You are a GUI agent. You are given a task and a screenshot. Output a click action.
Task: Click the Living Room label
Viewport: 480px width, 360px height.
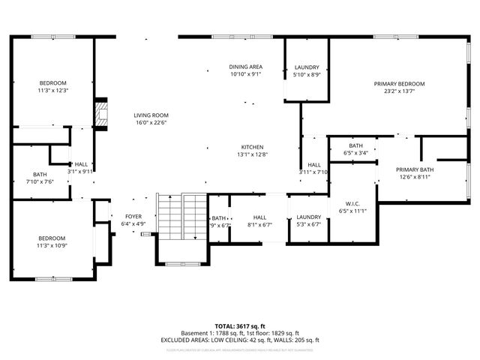pos(150,115)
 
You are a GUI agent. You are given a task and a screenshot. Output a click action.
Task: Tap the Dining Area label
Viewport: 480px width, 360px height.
pos(245,67)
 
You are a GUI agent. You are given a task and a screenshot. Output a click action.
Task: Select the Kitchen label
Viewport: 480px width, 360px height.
pos(251,147)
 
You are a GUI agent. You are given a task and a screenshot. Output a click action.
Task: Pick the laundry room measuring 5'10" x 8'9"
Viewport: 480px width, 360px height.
pos(306,67)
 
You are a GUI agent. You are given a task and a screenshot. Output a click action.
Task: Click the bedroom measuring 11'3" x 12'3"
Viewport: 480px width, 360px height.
pos(53,82)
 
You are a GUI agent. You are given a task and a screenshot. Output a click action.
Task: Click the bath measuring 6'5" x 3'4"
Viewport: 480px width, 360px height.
pos(355,145)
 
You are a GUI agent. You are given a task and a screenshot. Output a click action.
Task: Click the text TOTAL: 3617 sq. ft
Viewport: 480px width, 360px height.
pos(239,326)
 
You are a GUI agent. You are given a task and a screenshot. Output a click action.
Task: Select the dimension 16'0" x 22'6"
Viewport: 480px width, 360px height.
pos(150,122)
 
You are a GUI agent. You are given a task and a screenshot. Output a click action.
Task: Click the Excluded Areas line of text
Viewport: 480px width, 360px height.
pos(239,339)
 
